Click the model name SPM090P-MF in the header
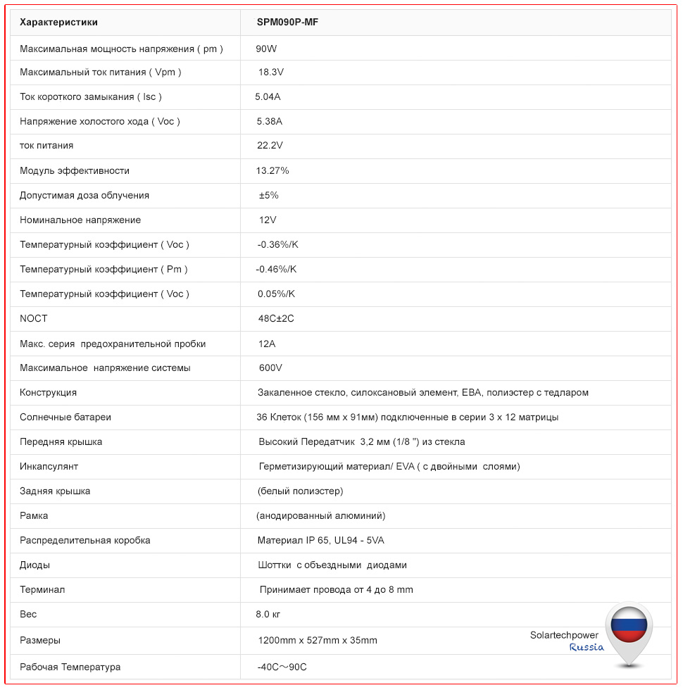point(288,23)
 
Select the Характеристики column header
point(59,23)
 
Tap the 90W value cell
point(267,49)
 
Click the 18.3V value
point(271,72)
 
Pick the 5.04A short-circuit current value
point(268,96)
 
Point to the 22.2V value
point(270,146)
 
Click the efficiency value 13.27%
point(272,170)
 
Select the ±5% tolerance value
point(268,195)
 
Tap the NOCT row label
point(34,318)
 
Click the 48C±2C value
point(276,318)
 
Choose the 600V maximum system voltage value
point(270,368)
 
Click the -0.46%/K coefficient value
point(276,269)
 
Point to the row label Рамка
point(34,515)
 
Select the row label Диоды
point(35,565)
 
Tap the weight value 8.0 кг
point(268,614)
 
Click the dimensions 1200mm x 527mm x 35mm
point(318,640)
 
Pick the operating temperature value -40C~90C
point(282,667)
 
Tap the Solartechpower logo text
point(564,635)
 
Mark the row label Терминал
point(42,589)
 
